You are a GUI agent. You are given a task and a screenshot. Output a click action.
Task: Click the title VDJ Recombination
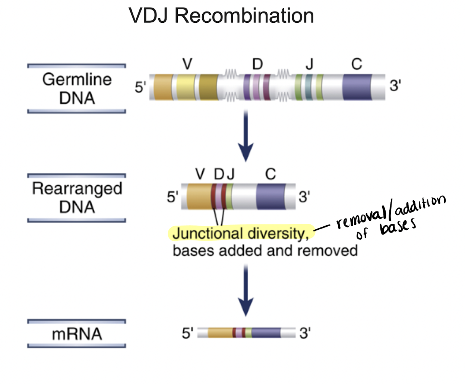click(221, 16)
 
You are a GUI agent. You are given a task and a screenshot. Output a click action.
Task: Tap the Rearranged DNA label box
click(77, 198)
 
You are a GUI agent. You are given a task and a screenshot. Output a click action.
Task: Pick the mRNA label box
click(77, 334)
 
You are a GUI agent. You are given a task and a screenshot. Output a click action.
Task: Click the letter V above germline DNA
click(187, 64)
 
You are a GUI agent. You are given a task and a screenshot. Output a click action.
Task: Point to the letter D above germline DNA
click(257, 64)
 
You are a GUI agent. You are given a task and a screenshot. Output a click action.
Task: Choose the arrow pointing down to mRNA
click(246, 291)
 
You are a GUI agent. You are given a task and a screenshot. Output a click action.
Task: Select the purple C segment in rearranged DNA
click(271, 196)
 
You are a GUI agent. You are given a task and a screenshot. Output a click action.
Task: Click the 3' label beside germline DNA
click(395, 86)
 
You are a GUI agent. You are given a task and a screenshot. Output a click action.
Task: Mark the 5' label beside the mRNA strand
click(187, 333)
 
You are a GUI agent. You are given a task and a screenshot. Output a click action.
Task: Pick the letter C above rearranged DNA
click(271, 174)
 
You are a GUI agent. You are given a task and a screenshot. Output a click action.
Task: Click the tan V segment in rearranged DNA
click(199, 196)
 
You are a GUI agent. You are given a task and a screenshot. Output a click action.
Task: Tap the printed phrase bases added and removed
click(265, 251)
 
